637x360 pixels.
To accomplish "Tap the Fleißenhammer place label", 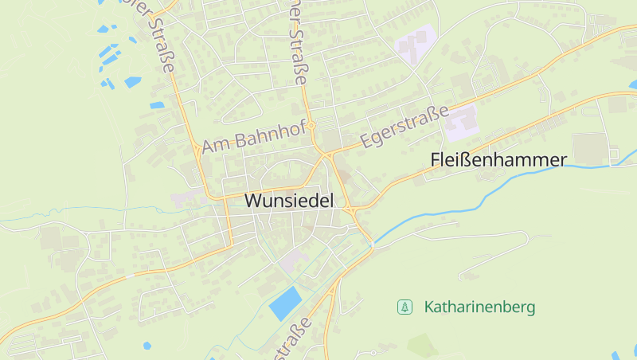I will click(498, 159).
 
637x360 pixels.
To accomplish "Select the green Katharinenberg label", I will click(480, 307).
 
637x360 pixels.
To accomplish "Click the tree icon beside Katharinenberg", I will click(405, 307).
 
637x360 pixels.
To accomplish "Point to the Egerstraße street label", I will click(404, 127).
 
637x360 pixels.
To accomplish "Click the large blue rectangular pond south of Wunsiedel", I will click(285, 303).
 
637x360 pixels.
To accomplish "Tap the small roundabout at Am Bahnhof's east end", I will click(313, 125).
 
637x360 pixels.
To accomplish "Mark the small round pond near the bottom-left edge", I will click(147, 346).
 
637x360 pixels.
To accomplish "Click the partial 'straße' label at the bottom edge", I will click(292, 341).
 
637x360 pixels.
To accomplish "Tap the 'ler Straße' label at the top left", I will click(159, 36).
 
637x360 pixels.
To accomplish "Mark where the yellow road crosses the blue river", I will click(372, 245).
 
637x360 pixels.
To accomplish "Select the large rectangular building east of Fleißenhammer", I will click(589, 148).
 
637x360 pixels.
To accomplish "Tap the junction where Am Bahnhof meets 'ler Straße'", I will click(196, 147).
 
